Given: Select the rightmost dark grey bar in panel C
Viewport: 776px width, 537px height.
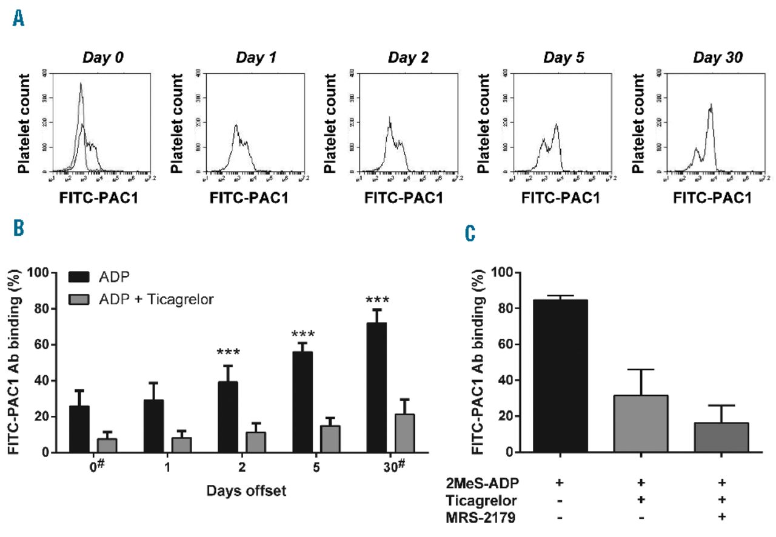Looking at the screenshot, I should [x=720, y=437].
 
